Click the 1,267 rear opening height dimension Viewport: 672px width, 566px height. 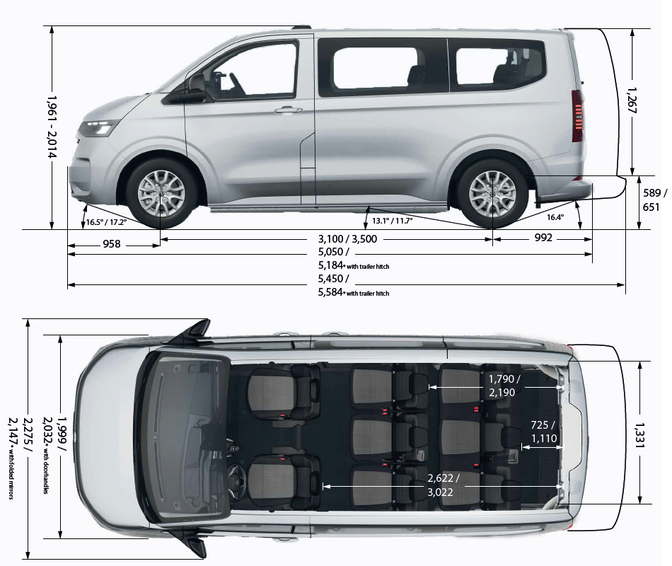(x=632, y=103)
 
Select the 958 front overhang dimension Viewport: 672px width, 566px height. (x=112, y=245)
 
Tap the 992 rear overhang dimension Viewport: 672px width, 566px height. (x=543, y=238)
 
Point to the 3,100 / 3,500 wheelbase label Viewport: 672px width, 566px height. (x=349, y=239)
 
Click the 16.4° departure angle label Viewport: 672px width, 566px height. (x=556, y=217)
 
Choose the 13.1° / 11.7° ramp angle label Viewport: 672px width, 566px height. (x=392, y=221)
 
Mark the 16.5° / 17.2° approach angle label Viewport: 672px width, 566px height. (x=106, y=222)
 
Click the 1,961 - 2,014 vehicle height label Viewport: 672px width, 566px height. (x=52, y=127)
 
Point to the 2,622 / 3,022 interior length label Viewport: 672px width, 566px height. (x=442, y=485)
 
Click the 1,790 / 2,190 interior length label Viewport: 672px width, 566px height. (x=504, y=386)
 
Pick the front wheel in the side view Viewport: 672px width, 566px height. (x=161, y=190)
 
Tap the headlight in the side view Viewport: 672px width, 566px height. (x=98, y=128)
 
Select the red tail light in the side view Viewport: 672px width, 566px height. (x=577, y=117)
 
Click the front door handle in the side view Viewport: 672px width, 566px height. (x=288, y=110)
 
